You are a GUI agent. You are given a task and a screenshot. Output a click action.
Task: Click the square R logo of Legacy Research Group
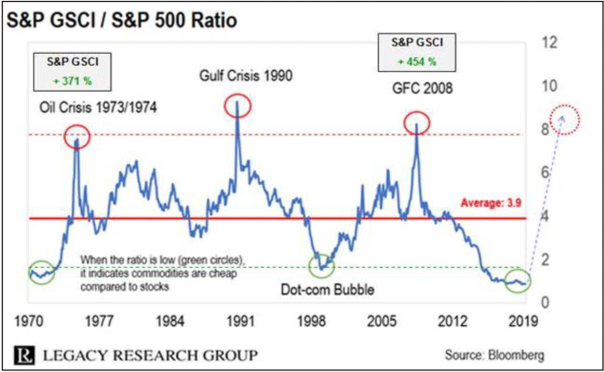click(x=23, y=355)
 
